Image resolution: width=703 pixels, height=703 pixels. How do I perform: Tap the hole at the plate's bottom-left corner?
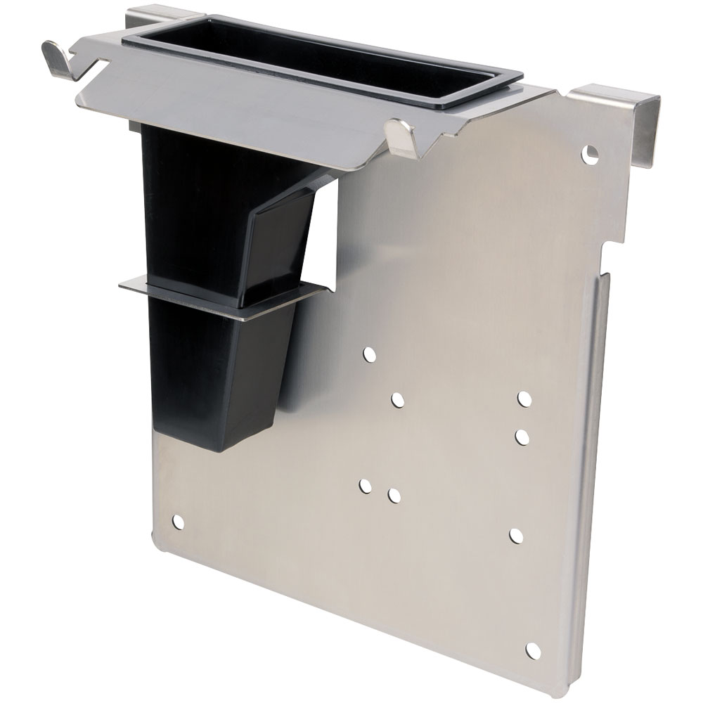point(178,522)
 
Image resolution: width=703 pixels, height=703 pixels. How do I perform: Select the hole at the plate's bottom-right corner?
point(533,650)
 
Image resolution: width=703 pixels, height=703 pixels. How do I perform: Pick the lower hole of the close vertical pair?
point(522,437)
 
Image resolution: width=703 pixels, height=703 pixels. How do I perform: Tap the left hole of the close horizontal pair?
point(365,485)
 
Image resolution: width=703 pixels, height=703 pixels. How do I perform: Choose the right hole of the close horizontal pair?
point(394,496)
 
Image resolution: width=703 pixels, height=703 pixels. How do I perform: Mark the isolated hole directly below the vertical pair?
point(517,536)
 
